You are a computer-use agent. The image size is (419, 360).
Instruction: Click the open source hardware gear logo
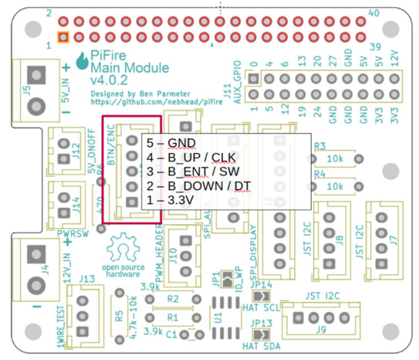(121, 249)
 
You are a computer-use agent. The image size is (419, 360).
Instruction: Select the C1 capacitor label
(172, 335)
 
